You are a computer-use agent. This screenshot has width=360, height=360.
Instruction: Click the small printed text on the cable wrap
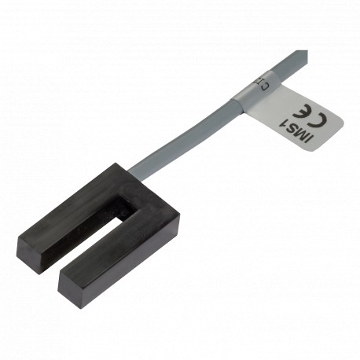click(263, 83)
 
